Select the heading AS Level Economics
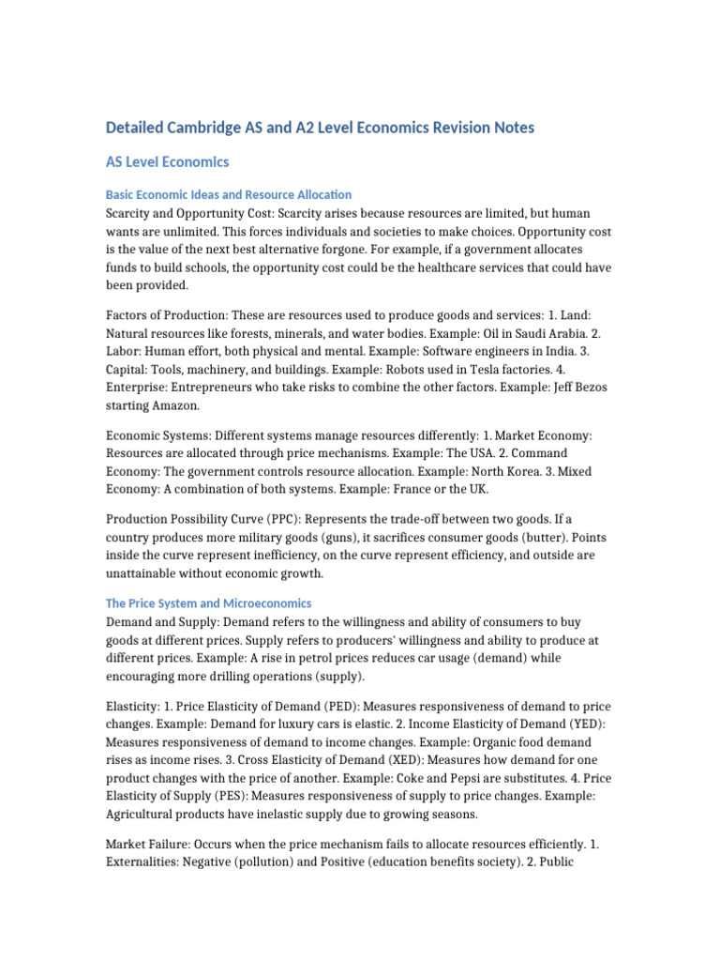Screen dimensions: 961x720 click(x=167, y=162)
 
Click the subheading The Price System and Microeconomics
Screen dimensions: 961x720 click(x=208, y=603)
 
